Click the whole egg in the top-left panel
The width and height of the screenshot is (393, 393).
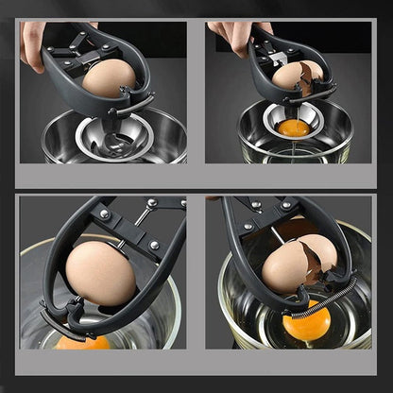[x=108, y=79]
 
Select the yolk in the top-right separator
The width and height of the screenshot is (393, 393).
[x=293, y=127]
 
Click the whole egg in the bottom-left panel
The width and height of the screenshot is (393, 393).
[x=99, y=274]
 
